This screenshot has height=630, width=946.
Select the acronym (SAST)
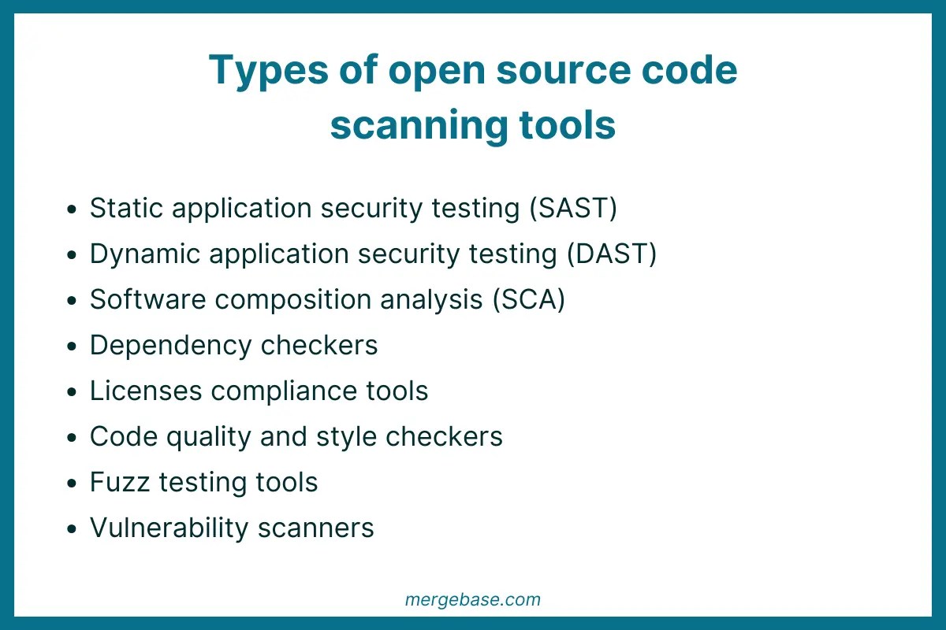573,209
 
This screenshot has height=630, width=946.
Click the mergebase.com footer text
473,599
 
